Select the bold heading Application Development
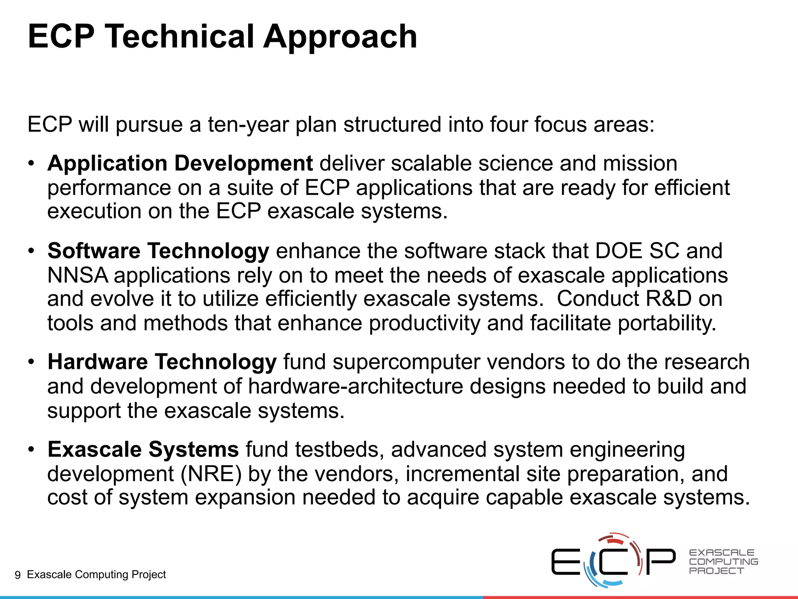[x=180, y=163]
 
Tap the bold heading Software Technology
[x=158, y=250]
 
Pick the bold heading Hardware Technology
[x=162, y=362]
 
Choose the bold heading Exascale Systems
[x=143, y=449]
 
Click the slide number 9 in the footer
[x=18, y=575]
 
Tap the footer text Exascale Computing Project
[x=96, y=574]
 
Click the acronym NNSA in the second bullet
[x=78, y=275]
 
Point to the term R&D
[x=668, y=299]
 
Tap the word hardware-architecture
[x=355, y=386]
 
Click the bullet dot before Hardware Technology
[x=32, y=362]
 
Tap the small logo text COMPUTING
[x=724, y=562]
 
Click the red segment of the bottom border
[x=639, y=597]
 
